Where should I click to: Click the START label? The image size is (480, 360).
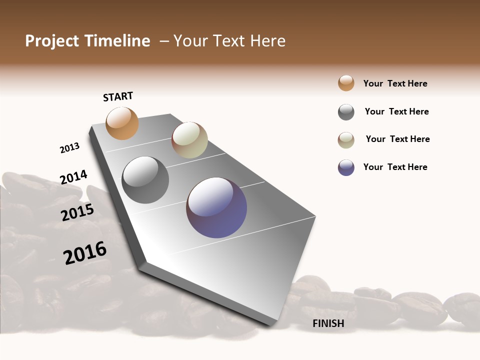tap(118, 96)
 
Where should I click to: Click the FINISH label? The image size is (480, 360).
tap(328, 323)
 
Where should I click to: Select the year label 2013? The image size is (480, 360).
tap(69, 148)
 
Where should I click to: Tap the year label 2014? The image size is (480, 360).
tap(73, 177)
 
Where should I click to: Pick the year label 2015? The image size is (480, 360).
tap(77, 212)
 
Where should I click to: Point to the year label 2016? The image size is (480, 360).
tap(85, 253)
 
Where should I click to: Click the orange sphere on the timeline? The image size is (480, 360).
tap(122, 123)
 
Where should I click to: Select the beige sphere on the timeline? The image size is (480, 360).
tap(189, 140)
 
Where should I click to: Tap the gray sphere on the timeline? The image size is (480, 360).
tap(145, 179)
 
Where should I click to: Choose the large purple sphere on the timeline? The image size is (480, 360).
tap(216, 207)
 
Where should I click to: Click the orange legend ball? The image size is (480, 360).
tap(346, 83)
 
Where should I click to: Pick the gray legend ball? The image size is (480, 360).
tap(346, 112)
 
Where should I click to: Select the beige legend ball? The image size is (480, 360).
tap(346, 140)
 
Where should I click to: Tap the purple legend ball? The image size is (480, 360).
tap(346, 167)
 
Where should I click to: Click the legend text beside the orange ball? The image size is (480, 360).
tap(395, 83)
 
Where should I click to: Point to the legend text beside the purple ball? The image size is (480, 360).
tap(395, 167)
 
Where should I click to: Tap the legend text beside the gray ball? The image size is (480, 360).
tap(396, 111)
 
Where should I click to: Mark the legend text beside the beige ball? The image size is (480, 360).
tap(397, 139)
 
